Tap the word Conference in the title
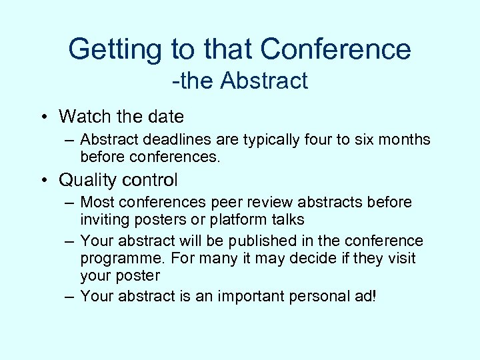pos(335,49)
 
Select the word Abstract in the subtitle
pos(264,81)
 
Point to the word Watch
pos(85,117)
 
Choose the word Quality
pos(90,181)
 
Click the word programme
pos(118,258)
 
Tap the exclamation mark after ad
pos(375,297)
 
